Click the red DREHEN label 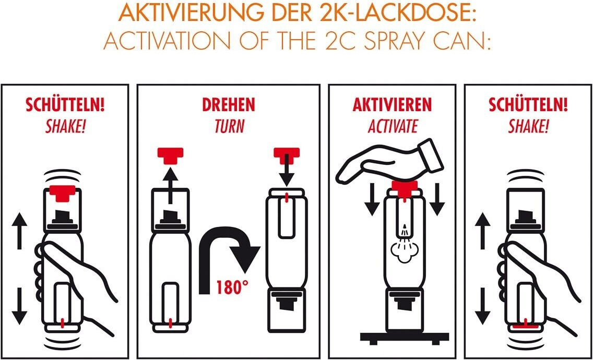point(229,105)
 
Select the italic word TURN point(229,127)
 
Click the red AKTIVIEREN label point(392,105)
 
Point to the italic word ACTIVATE point(393,127)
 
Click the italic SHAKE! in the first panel point(65,127)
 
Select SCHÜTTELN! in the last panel point(528,105)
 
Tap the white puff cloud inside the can point(404,250)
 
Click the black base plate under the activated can point(404,336)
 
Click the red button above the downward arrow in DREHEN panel point(287,155)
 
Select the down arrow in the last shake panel point(483,306)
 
